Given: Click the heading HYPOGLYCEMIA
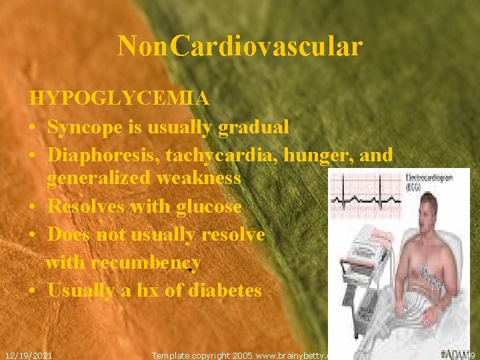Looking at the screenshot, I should tap(119, 99).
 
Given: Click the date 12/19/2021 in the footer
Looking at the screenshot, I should tap(29, 355).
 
